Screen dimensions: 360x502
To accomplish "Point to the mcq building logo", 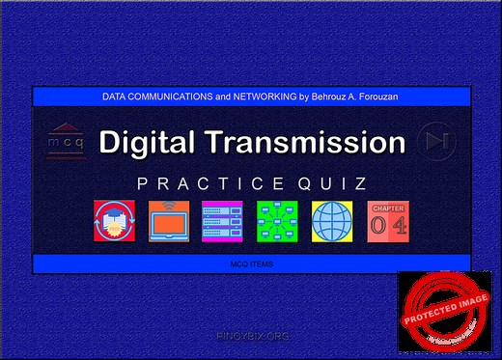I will tap(66, 141).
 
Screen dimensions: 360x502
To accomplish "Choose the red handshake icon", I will tap(114, 222).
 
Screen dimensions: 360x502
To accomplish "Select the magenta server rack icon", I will tap(223, 222).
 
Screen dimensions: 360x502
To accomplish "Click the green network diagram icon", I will tap(277, 222).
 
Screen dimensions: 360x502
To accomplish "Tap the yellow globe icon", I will tap(332, 222).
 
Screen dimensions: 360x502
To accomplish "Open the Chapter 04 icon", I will tap(386, 222).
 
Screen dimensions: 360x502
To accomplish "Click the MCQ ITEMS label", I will tap(251, 263).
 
